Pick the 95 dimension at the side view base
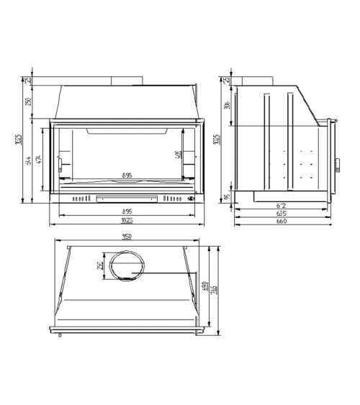pos(226,196)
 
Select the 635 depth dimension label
pos(282,214)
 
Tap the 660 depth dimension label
pos(282,222)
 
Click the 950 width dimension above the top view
pos(127,237)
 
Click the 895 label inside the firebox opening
pos(127,175)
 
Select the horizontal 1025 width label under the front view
pos(127,220)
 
